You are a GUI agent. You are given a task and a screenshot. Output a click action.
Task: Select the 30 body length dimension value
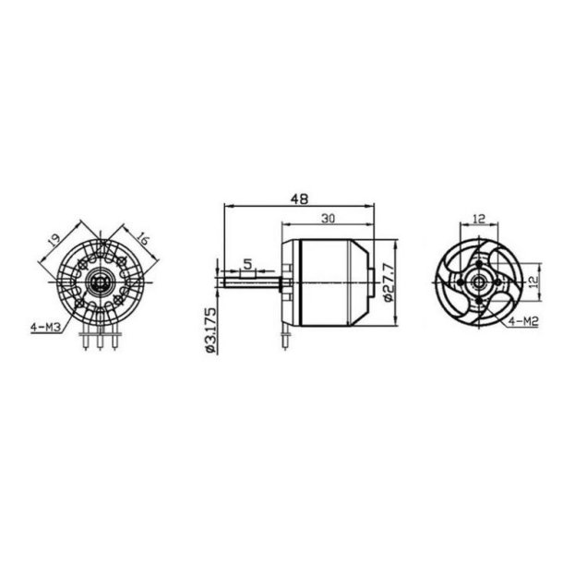[328, 219]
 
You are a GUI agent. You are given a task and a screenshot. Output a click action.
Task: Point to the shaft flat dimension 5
[247, 265]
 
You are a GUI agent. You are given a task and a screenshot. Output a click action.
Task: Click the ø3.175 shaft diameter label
[210, 329]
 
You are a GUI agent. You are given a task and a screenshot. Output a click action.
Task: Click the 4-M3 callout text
[45, 324]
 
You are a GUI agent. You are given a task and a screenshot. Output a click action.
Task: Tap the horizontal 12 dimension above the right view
[479, 219]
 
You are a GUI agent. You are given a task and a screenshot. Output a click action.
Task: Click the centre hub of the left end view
[102, 279]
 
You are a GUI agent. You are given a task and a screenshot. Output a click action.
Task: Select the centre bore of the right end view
[479, 279]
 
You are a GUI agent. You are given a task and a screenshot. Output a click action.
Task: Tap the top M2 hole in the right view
[479, 262]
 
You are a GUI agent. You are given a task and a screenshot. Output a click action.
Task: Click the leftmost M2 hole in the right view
[462, 279]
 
